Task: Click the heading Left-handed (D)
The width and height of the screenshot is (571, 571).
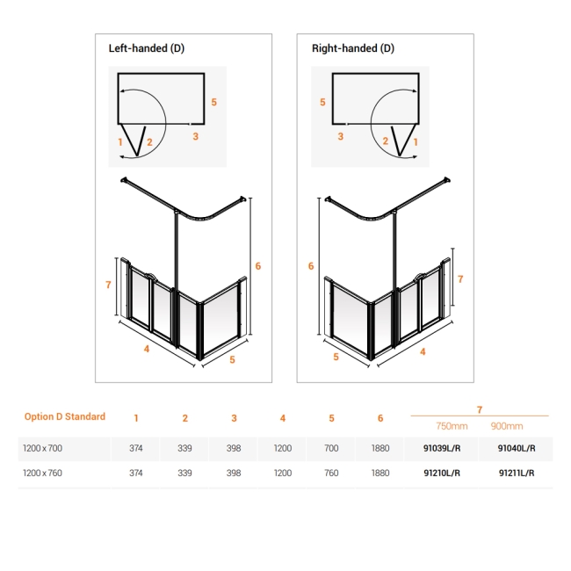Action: point(146,48)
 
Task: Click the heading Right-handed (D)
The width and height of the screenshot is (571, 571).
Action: point(353,48)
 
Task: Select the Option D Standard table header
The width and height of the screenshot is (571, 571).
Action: point(65,416)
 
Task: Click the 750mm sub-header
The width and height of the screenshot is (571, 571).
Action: point(452,425)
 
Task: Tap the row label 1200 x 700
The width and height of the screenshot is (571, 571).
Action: point(42,448)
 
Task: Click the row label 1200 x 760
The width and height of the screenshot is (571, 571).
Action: point(42,473)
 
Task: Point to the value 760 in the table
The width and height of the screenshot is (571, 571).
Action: point(331,473)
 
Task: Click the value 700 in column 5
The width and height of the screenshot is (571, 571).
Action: point(331,448)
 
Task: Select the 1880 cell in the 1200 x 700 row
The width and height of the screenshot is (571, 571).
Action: point(379,448)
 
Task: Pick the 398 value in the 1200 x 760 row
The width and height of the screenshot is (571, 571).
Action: point(234,473)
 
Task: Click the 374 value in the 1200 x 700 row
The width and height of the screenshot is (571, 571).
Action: point(135,448)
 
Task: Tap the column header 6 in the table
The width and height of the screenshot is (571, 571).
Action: point(379,418)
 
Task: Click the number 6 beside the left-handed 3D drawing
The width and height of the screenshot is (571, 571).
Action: point(258,265)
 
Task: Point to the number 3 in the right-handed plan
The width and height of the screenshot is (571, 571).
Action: point(340,136)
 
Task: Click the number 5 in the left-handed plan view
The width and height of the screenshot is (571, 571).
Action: point(213,102)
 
